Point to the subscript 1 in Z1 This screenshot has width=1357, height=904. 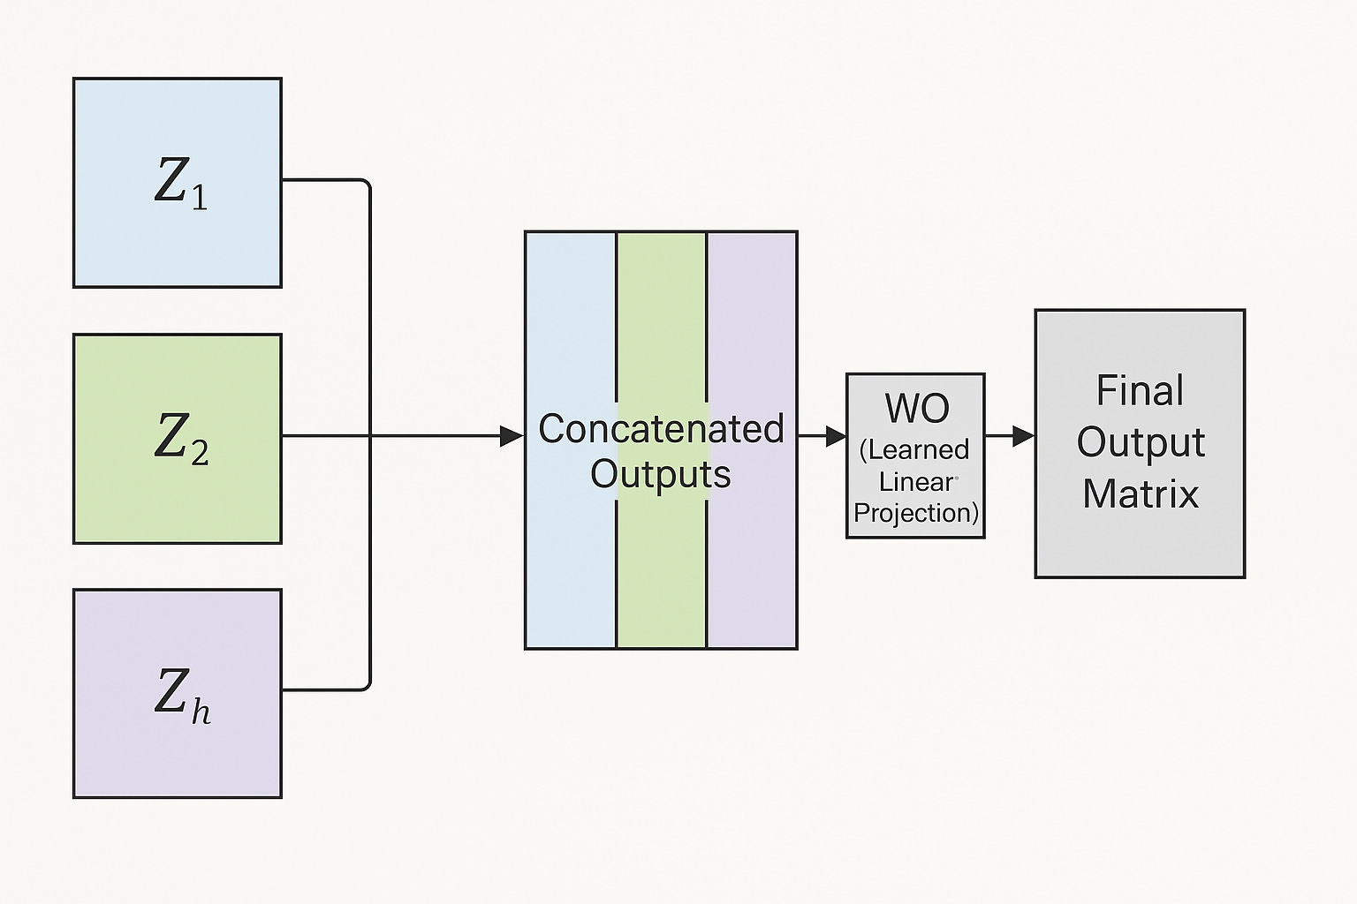coord(200,196)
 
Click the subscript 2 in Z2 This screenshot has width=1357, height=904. coord(200,453)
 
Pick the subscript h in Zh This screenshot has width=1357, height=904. coord(201,711)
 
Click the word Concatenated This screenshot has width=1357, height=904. coord(661,429)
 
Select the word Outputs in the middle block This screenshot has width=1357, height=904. coord(661,475)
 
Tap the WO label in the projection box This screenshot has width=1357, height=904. coord(917,408)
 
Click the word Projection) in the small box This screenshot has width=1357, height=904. coord(916,513)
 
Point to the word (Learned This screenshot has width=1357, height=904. coord(914,449)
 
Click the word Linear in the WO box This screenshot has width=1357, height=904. coord(916,482)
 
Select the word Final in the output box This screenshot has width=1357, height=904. coord(1140,390)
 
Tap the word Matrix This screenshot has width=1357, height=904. coord(1141,493)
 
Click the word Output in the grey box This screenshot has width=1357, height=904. coord(1141,442)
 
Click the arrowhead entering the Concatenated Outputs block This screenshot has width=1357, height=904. coord(512,436)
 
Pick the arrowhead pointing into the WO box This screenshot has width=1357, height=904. coord(836,436)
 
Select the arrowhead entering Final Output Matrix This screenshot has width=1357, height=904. coord(1024,436)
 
